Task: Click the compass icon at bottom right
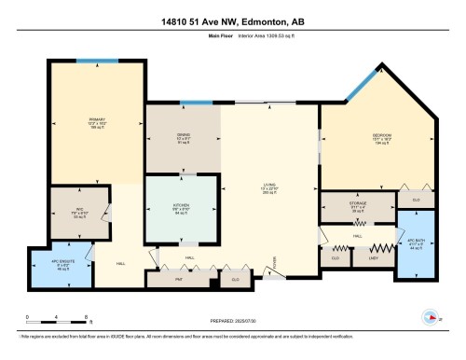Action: click(431, 315)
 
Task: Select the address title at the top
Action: click(232, 21)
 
